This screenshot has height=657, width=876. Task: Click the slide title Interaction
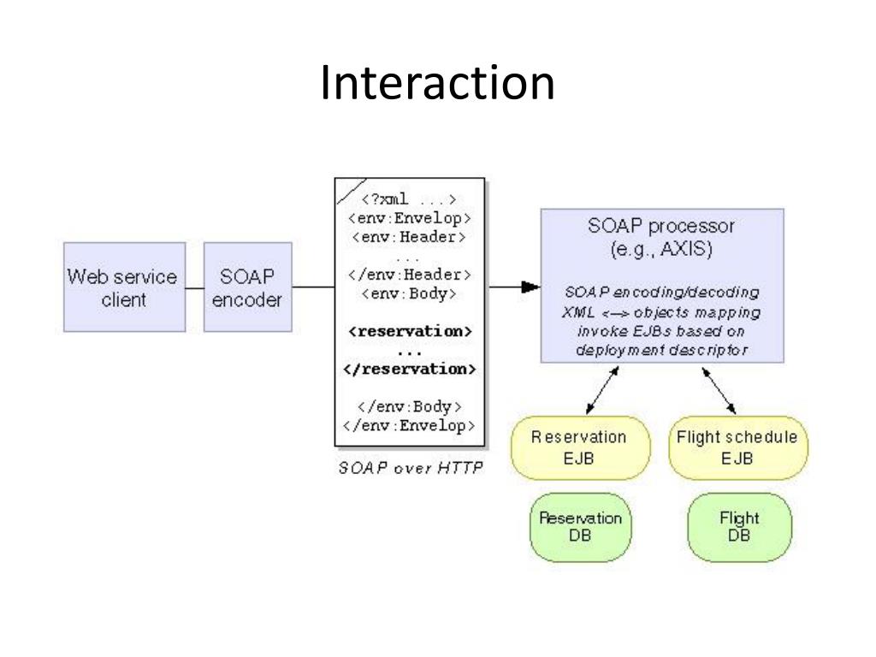coord(437,82)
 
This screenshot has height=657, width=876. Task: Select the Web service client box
coord(124,287)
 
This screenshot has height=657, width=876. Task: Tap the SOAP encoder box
coord(247,287)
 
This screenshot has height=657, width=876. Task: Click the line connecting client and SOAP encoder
coord(194,288)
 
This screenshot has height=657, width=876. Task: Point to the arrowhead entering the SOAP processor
coord(530,287)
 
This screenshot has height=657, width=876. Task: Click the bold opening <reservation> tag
coord(410,331)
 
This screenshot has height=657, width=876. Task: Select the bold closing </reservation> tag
coord(410,369)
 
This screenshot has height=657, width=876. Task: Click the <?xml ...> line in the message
coord(409,199)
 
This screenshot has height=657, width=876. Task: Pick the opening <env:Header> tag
coord(409,237)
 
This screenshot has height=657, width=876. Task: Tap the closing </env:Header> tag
coord(410,275)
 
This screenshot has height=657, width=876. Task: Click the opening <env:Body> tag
coord(409,294)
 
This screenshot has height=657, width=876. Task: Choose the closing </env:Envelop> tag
coord(409,426)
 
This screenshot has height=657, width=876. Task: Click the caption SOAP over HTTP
coord(411,467)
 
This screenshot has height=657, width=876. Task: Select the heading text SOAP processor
coord(661,226)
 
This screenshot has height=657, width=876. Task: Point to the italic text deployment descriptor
coord(661,350)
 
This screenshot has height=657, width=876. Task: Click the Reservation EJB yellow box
coord(581,447)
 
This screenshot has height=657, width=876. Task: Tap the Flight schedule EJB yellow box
coord(738,447)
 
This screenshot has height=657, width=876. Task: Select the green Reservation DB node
coord(581,527)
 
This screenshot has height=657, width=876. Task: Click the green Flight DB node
coord(739,527)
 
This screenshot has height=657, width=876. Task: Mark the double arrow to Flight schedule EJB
coord(719,390)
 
